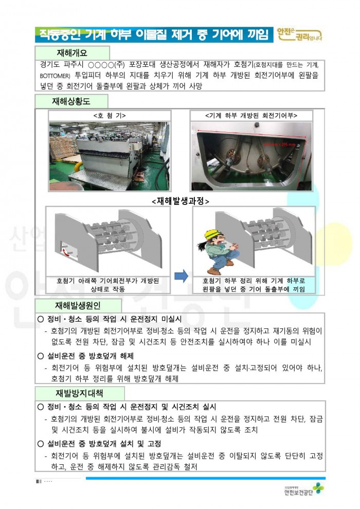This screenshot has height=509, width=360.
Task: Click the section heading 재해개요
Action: click(72, 53)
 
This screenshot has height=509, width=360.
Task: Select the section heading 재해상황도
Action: click(71, 101)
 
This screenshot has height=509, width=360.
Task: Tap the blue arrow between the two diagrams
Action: click(181, 276)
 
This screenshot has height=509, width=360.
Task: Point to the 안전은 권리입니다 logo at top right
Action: click(299, 34)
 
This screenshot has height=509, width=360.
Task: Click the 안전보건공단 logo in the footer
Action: click(304, 490)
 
